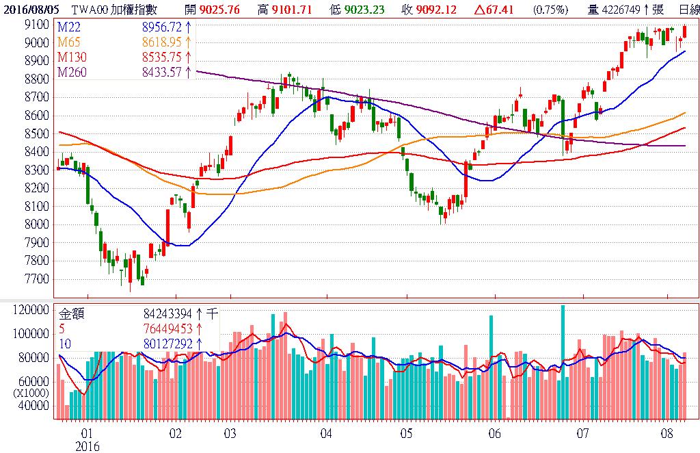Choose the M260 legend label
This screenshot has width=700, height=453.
pos(72,73)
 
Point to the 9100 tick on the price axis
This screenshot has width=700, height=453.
pos(36,25)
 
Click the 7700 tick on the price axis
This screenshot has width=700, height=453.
pos(36,279)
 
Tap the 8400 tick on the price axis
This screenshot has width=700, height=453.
pos(36,152)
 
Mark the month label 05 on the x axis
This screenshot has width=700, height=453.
pos(407,434)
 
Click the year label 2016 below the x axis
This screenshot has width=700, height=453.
pos(87,446)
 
